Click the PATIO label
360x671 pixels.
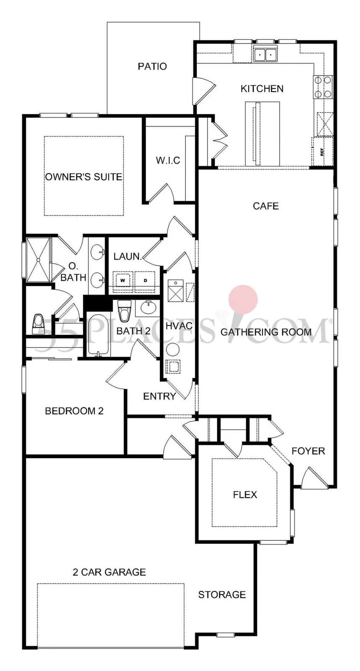[x=152, y=66]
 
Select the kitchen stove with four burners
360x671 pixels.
[x=323, y=87]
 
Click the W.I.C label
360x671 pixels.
[x=168, y=160]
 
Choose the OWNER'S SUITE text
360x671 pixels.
[x=84, y=177]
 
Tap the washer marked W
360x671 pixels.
[x=123, y=281]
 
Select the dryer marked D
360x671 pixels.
[x=145, y=281]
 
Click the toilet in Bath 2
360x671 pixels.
[x=123, y=311]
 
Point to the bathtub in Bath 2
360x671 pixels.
[x=98, y=334]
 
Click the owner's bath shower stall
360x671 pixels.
[x=39, y=260]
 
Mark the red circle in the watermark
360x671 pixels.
[x=243, y=299]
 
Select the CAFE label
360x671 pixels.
[x=266, y=206]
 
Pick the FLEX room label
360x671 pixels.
[x=245, y=494]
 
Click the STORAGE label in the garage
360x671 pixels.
[x=222, y=595]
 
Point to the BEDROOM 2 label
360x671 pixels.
[x=74, y=411]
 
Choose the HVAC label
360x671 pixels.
[x=179, y=326]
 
